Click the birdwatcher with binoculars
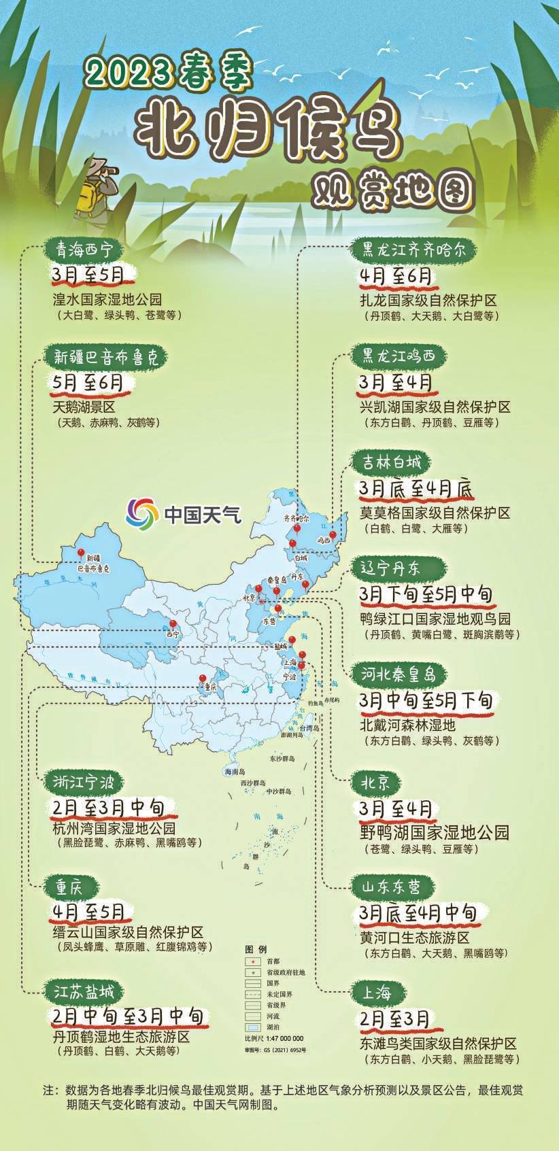[x=96, y=185]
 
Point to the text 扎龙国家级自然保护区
[x=428, y=300]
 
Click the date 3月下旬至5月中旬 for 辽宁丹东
[x=426, y=594]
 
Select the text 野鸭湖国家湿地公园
[x=434, y=832]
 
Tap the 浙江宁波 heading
[x=84, y=782]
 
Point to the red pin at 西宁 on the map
[x=173, y=625]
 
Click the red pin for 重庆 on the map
[x=203, y=678]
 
